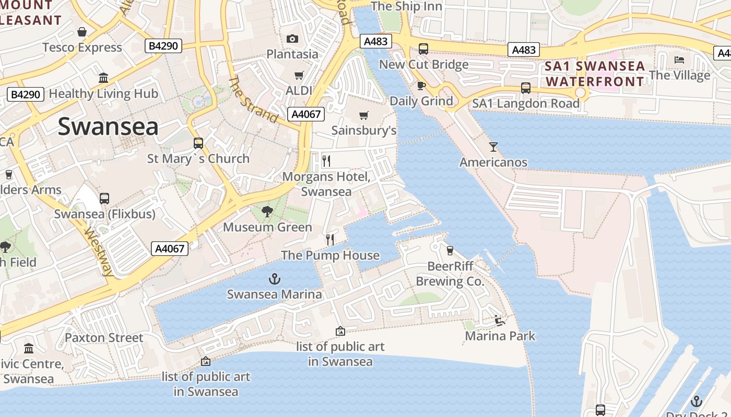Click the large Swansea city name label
[x=108, y=127]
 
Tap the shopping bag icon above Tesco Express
[x=82, y=32]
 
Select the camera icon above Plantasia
[x=292, y=39]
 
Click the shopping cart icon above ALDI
[x=299, y=76]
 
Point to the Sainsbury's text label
[x=364, y=130]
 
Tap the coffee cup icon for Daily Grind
[x=421, y=85]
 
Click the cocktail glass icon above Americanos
[x=493, y=147]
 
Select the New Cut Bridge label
[x=423, y=65]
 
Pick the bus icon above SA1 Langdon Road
[x=526, y=88]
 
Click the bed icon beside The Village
[x=679, y=60]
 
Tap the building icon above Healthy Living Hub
[x=103, y=78]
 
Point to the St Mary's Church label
[x=198, y=158]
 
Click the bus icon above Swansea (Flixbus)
[x=104, y=199]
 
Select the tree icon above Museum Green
[x=267, y=212]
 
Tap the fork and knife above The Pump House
[x=330, y=240]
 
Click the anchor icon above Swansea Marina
[x=275, y=279]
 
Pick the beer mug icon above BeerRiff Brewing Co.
[x=450, y=251]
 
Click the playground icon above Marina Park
[x=500, y=321]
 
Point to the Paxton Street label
[x=103, y=338]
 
